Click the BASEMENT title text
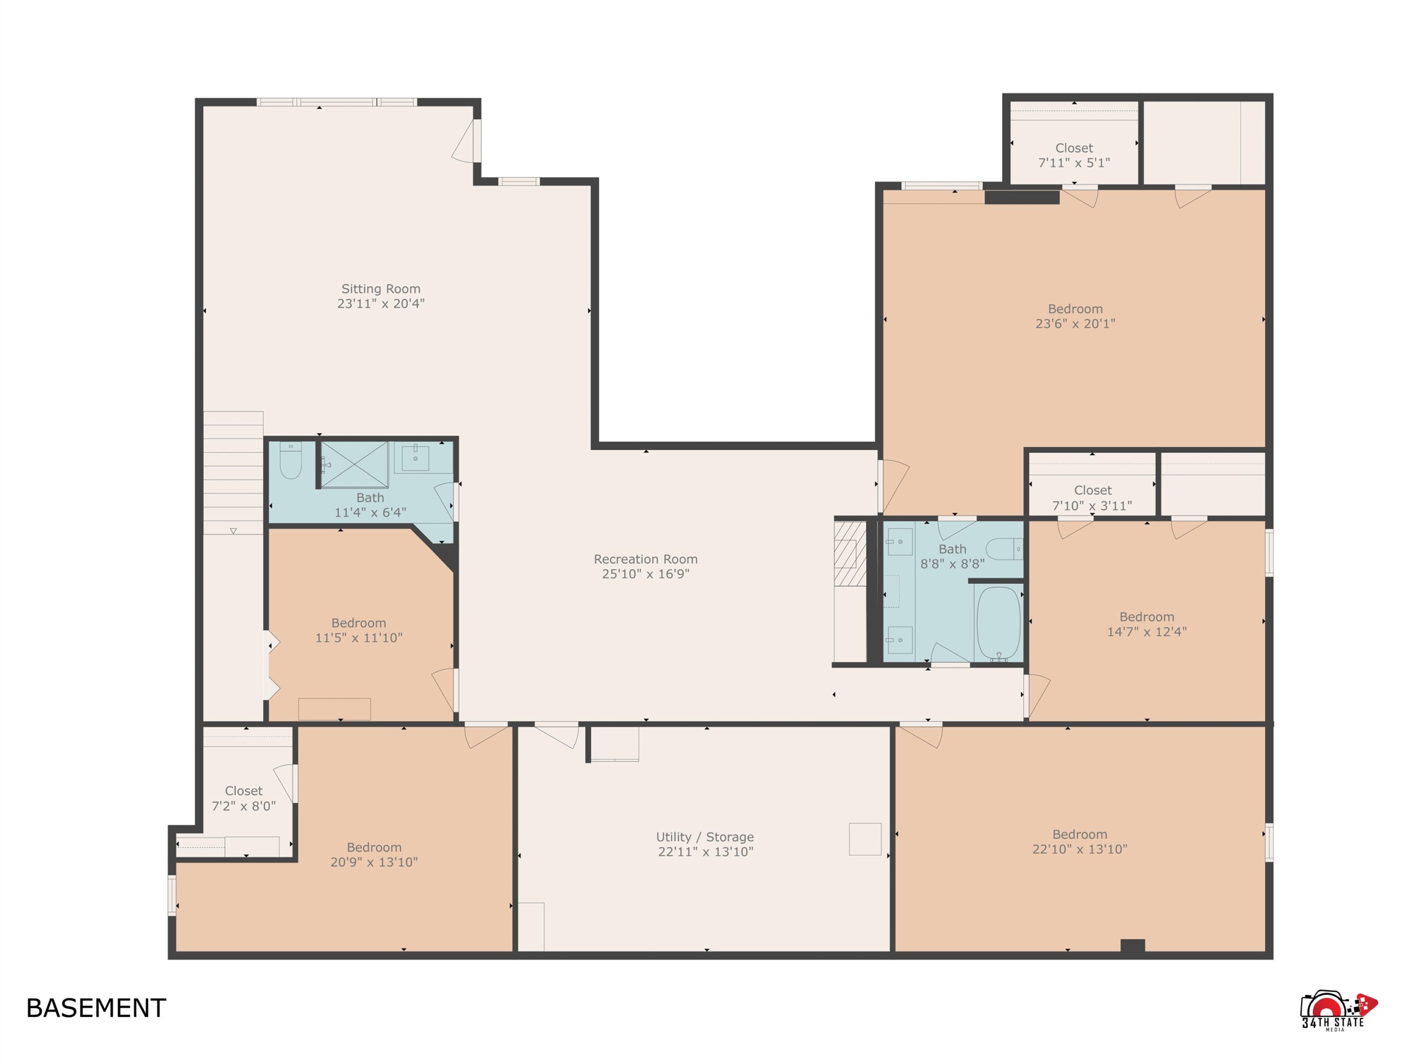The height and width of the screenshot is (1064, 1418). click(96, 1008)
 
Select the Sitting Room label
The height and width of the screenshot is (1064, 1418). click(381, 289)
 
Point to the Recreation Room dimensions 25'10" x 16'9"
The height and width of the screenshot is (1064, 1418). click(645, 574)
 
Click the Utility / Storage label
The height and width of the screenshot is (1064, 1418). click(705, 837)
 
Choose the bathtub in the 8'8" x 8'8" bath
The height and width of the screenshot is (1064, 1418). click(998, 624)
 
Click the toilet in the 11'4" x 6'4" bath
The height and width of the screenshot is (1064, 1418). click(290, 460)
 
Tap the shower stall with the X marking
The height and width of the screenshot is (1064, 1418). click(354, 464)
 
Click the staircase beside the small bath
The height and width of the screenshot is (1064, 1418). click(233, 473)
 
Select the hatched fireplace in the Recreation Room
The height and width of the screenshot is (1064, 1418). click(850, 553)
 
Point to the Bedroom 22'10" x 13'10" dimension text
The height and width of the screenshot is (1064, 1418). click(1080, 849)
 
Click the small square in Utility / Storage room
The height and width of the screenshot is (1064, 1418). click(865, 839)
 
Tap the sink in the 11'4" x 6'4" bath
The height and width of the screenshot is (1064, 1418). click(415, 458)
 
